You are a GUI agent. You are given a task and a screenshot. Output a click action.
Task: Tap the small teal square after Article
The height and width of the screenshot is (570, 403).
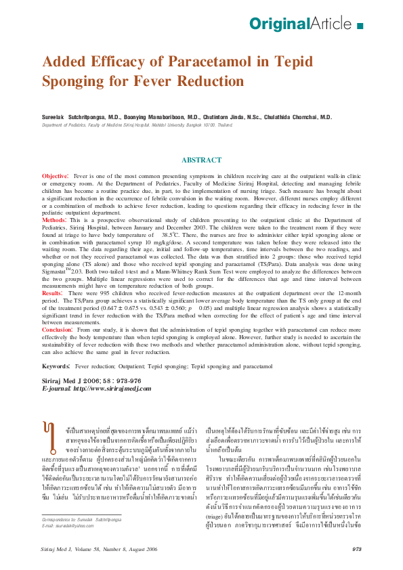[359, 26]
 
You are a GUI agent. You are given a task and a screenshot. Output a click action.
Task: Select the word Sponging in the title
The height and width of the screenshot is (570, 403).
[74, 81]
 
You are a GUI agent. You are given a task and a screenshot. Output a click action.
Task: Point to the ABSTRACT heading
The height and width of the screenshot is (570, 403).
[201, 160]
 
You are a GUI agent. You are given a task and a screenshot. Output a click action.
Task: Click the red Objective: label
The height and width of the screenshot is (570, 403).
[55, 175]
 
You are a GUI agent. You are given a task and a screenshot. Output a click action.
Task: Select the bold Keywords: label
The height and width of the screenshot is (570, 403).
[56, 366]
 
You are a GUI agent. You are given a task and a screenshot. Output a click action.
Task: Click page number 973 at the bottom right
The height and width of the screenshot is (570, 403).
[356, 549]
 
